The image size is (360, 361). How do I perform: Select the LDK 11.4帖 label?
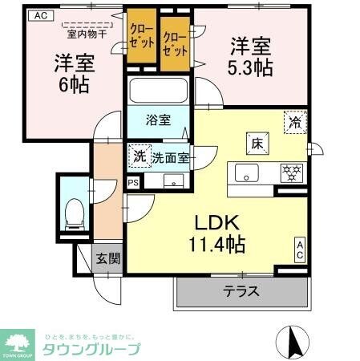pyautogui.click(x=216, y=230)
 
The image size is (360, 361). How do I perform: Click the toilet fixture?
pyautogui.click(x=73, y=211)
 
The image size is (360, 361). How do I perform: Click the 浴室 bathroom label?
pyautogui.click(x=158, y=121)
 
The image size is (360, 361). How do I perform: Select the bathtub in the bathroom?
pyautogui.click(x=157, y=92)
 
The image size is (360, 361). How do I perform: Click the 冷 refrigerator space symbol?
pyautogui.click(x=295, y=121)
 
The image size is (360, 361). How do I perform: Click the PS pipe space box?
pyautogui.click(x=133, y=181)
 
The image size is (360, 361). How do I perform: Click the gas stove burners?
pyautogui.click(x=289, y=172)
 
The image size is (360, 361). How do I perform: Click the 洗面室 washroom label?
pyautogui.click(x=171, y=158)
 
